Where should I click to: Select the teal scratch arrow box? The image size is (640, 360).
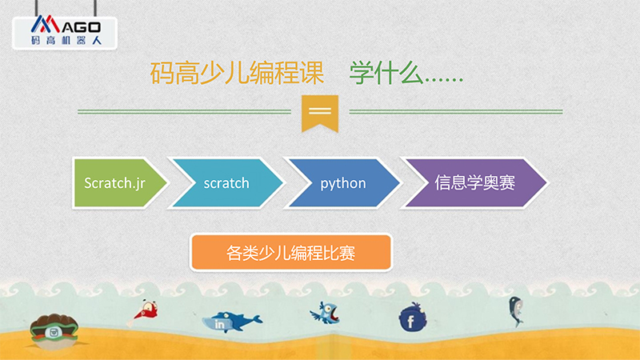tap(226, 183)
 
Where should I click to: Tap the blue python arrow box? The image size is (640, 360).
tap(343, 183)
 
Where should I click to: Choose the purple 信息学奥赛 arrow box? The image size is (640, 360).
tap(474, 183)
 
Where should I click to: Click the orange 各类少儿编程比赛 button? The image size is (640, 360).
tap(291, 253)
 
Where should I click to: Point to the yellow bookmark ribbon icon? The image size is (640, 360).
tap(320, 114)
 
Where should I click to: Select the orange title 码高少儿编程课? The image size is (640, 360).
tap(237, 73)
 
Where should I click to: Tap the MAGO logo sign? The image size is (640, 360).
tap(65, 33)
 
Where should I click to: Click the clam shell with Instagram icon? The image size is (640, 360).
tap(54, 331)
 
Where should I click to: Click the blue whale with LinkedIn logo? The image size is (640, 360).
tap(232, 322)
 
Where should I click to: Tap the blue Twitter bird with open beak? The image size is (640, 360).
tap(326, 313)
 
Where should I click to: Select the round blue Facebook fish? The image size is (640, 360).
tap(413, 318)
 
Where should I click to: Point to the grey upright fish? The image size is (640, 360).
tap(515, 311)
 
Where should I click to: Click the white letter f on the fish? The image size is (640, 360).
tap(411, 322)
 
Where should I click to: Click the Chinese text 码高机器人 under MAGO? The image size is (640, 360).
tap(66, 41)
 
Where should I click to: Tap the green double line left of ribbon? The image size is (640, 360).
tap(184, 111)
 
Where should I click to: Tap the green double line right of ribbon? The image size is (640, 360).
tap(456, 111)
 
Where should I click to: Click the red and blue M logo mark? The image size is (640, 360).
tap(46, 24)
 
